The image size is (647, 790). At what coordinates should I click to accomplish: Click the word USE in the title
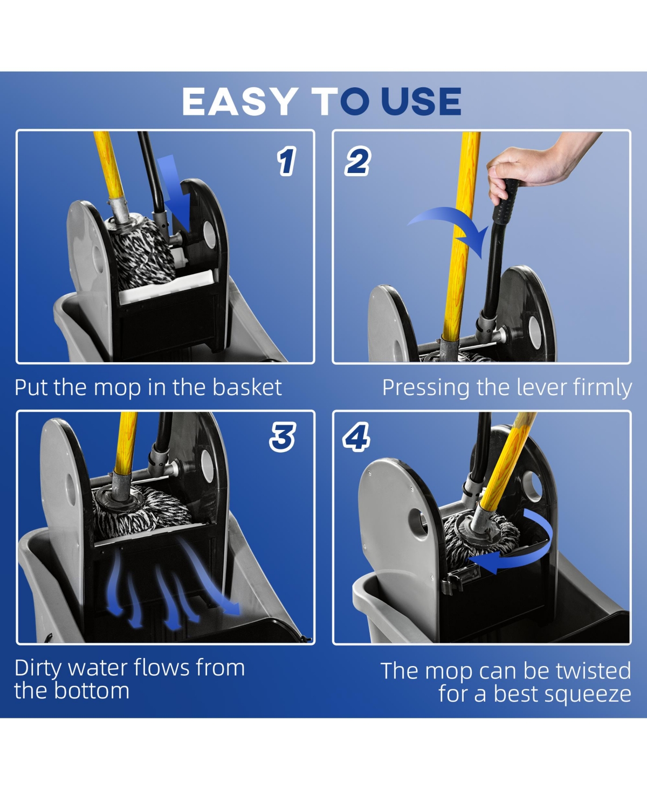(421, 101)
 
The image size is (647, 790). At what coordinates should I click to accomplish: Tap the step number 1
(286, 161)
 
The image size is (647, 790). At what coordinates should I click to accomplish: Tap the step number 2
(357, 161)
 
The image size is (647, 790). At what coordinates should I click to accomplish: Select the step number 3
(283, 437)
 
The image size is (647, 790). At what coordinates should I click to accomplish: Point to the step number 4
(356, 437)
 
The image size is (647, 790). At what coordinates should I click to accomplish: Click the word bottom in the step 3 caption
(92, 690)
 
